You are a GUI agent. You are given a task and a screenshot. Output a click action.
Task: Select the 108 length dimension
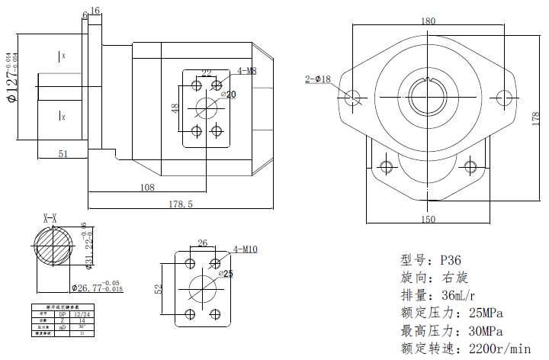[x=147, y=187]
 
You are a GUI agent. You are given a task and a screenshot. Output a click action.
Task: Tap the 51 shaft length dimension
[x=63, y=154]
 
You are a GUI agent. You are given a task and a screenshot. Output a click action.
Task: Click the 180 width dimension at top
[x=429, y=21]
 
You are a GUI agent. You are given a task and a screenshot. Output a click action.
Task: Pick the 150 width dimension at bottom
[x=428, y=220]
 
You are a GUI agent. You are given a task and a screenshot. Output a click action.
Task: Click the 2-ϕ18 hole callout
[x=317, y=79]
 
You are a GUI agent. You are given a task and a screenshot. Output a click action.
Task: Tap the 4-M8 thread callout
[x=246, y=71]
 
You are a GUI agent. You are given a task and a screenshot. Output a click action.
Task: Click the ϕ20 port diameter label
[x=228, y=94]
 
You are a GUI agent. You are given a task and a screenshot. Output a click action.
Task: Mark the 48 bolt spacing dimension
[x=175, y=108]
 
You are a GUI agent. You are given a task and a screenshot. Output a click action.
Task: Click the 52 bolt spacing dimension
[x=159, y=289]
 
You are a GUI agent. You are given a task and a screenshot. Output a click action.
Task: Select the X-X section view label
[x=51, y=218]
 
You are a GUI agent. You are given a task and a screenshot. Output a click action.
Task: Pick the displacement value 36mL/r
[x=458, y=296]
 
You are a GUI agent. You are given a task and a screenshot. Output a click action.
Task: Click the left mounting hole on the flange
[x=353, y=98]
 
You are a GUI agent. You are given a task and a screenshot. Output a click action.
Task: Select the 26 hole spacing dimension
[x=202, y=244]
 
